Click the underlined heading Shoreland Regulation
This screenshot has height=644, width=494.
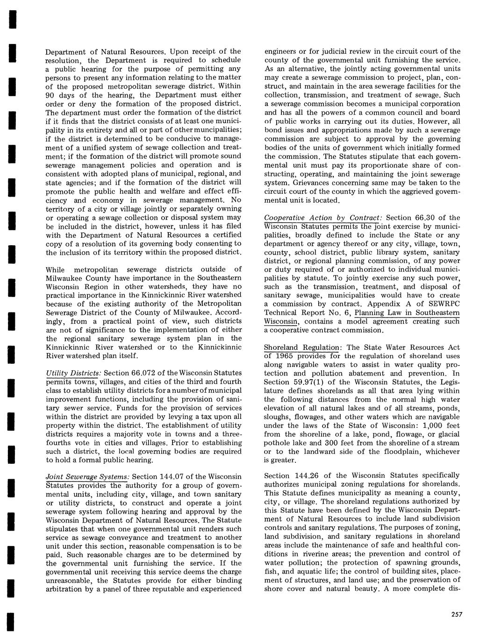[301, 347]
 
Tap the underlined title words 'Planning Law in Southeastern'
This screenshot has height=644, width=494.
[407, 313]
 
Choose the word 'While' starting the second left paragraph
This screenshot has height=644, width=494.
[55, 269]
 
